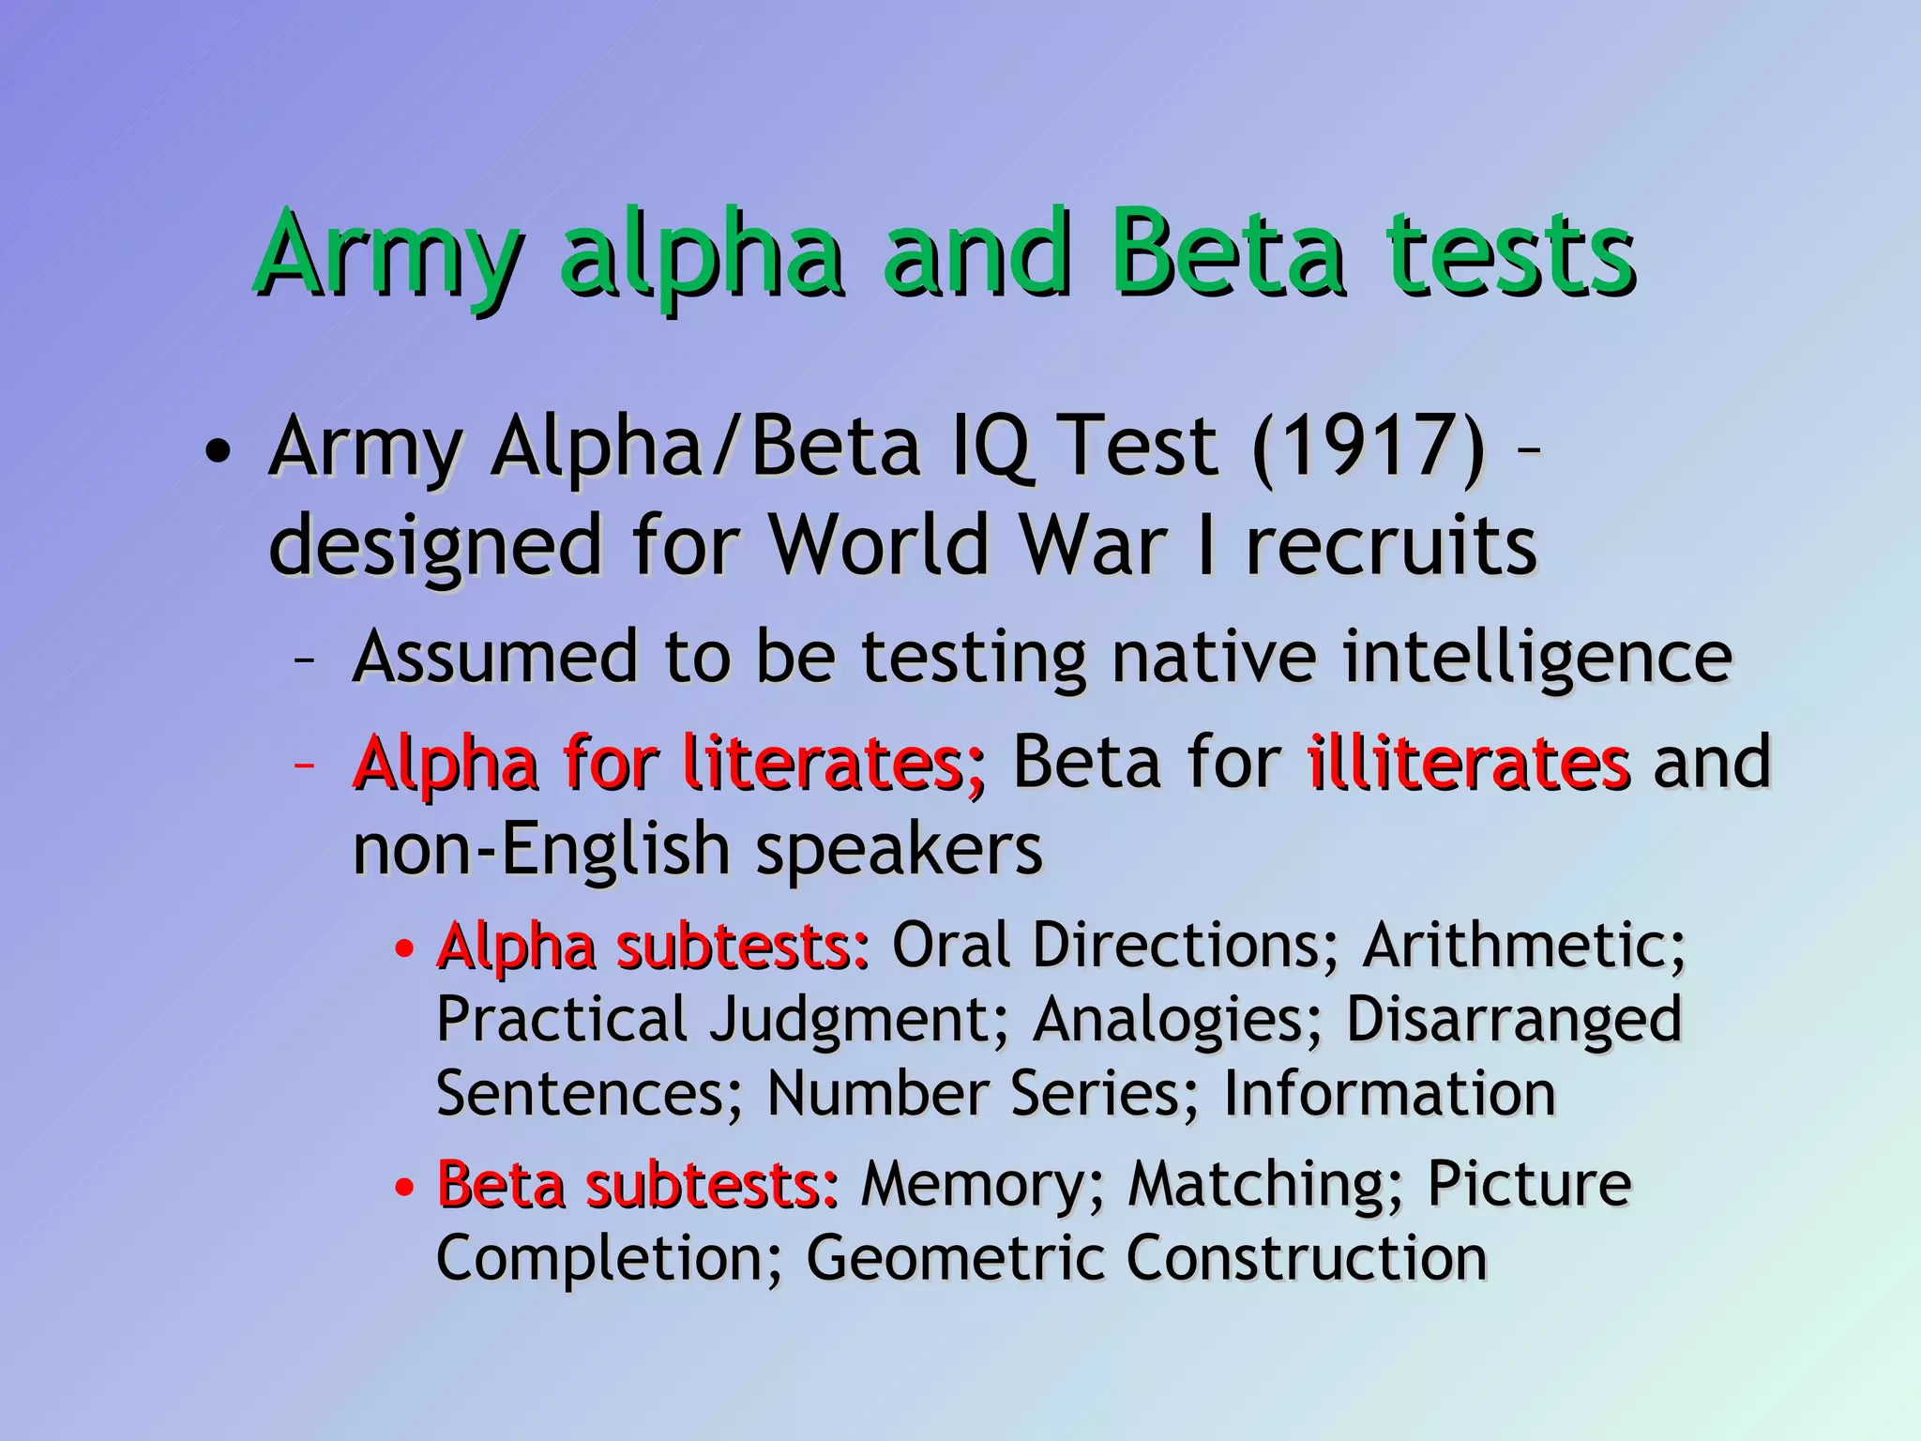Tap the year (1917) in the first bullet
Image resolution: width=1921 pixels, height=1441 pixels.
pyautogui.click(x=1369, y=448)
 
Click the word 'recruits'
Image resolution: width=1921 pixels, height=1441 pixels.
pyautogui.click(x=1391, y=545)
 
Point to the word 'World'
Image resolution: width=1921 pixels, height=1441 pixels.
pyautogui.click(x=880, y=545)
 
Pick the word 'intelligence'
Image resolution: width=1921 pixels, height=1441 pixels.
pyautogui.click(x=1536, y=657)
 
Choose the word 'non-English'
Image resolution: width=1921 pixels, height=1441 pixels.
pyautogui.click(x=540, y=849)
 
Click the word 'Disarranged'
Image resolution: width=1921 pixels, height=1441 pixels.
pyautogui.click(x=1514, y=1019)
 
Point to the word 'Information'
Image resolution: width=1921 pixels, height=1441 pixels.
pyautogui.click(x=1389, y=1094)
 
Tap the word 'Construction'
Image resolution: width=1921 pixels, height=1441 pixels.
pyautogui.click(x=1306, y=1258)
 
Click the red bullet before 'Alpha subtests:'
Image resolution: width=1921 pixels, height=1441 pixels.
pyautogui.click(x=404, y=949)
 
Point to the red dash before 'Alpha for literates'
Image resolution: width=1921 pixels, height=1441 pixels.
pyautogui.click(x=303, y=766)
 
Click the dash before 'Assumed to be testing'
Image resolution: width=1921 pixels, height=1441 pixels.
pyautogui.click(x=303, y=660)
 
